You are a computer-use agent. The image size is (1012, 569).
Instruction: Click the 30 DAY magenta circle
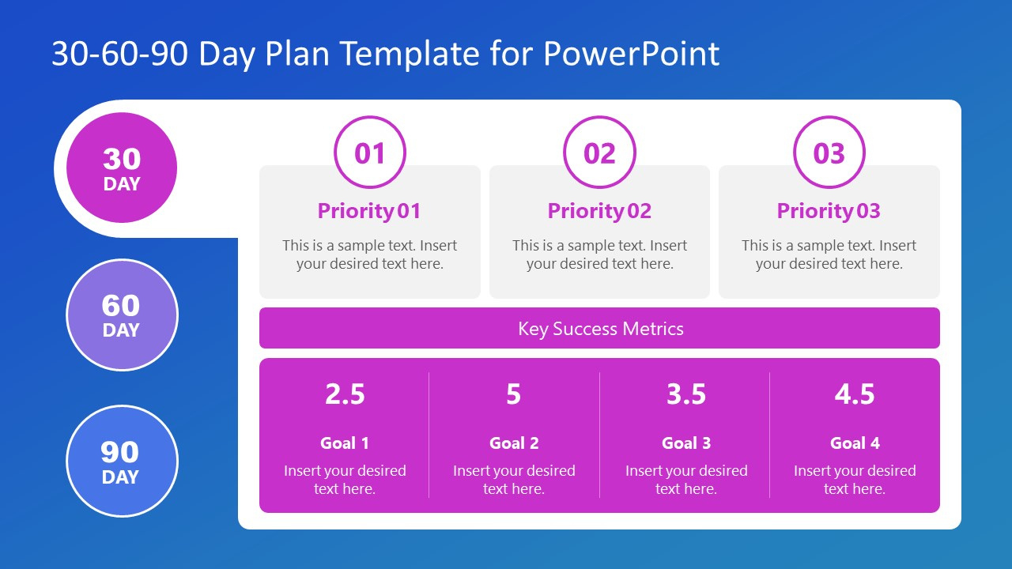click(122, 168)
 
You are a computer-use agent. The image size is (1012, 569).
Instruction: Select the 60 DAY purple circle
click(122, 315)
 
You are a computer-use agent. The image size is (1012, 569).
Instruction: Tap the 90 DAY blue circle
click(122, 461)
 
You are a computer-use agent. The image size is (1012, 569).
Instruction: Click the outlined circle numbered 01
click(370, 153)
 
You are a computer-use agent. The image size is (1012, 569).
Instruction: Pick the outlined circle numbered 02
click(599, 153)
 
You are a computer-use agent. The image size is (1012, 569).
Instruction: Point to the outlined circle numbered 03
click(829, 153)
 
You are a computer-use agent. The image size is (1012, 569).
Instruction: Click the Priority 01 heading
click(369, 211)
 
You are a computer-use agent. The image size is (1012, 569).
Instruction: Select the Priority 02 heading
click(599, 211)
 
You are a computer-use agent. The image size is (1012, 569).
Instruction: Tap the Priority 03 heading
click(829, 211)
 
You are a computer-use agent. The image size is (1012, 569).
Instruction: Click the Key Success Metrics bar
click(599, 329)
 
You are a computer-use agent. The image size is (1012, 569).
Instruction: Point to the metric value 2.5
click(345, 394)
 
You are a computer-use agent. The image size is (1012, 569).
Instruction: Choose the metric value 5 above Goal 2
click(514, 394)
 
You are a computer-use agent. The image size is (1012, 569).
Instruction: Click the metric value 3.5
click(685, 394)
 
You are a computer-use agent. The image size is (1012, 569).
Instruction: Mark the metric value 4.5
click(855, 394)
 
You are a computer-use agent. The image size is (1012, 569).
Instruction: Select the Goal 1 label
click(345, 443)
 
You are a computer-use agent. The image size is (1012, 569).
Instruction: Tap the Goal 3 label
click(685, 443)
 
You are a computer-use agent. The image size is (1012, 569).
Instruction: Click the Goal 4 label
click(855, 443)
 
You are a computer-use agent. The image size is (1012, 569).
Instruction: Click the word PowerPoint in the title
click(632, 54)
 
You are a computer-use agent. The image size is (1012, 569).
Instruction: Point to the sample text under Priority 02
click(599, 254)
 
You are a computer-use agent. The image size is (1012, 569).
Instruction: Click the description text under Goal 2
click(514, 480)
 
